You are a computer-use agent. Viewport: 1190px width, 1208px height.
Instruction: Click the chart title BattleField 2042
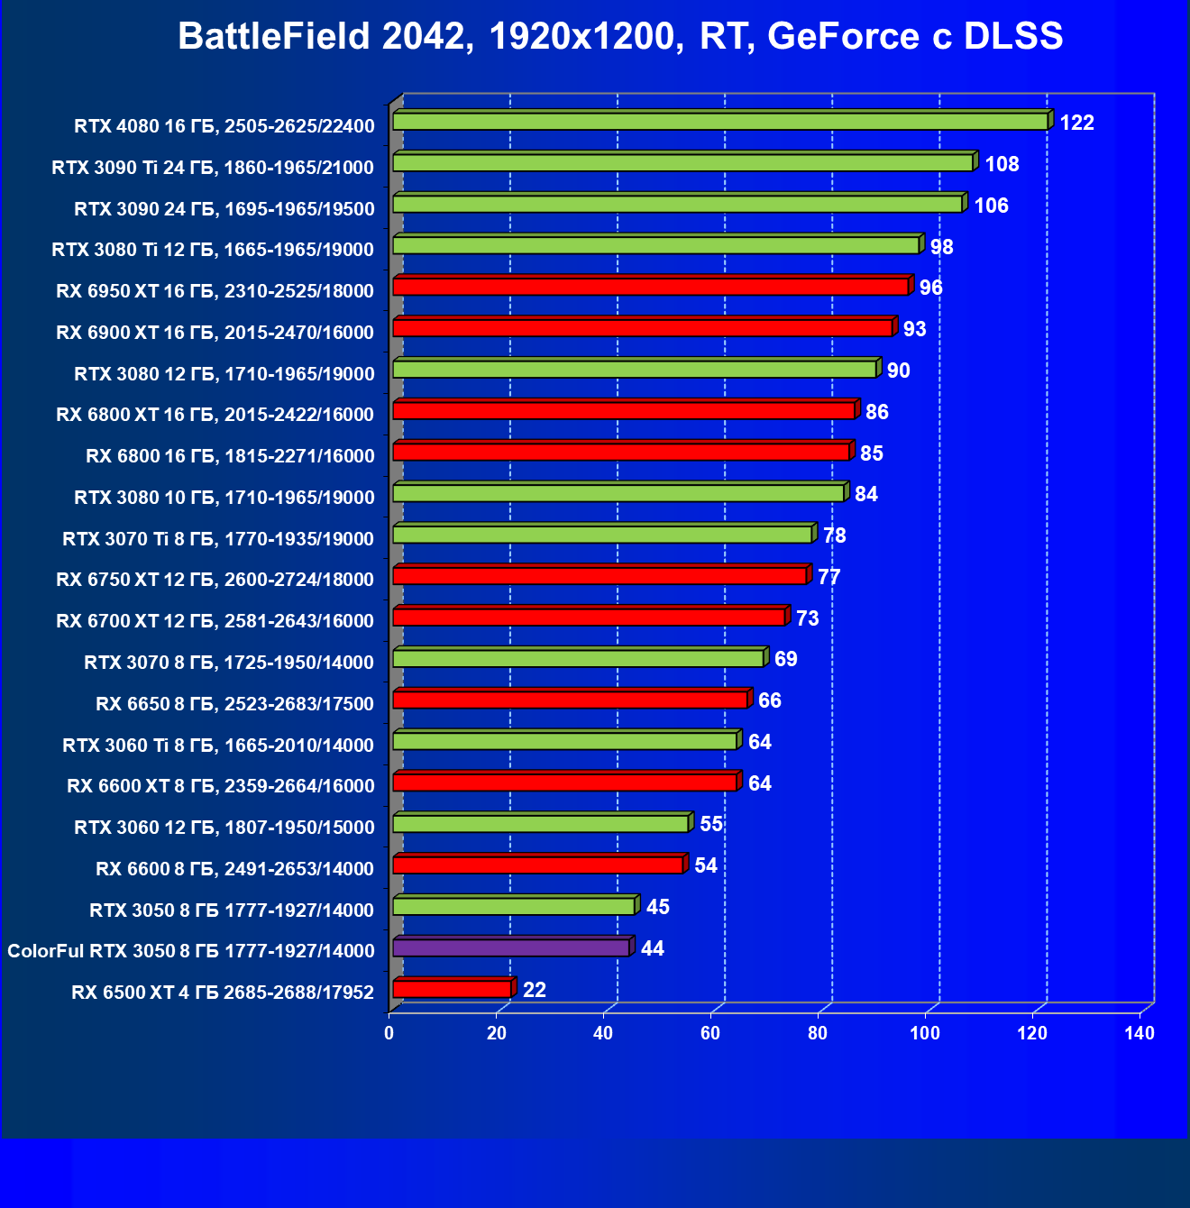click(620, 37)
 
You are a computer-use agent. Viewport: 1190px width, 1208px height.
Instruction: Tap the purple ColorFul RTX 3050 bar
click(511, 947)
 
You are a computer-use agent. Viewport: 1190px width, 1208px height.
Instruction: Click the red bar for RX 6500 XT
click(452, 989)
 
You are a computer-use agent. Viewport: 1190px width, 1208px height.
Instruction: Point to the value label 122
click(1076, 123)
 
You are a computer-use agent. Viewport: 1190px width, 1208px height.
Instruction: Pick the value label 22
click(535, 990)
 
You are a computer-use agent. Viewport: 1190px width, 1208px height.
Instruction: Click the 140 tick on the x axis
click(1140, 1033)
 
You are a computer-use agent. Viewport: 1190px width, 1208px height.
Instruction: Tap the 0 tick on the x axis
click(389, 1033)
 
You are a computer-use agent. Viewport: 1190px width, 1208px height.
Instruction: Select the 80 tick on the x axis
click(818, 1033)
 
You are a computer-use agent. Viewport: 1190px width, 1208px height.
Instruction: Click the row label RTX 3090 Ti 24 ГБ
click(213, 167)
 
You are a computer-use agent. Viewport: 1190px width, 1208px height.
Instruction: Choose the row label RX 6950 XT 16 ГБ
click(215, 290)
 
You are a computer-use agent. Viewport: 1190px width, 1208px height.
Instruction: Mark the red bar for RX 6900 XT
click(643, 328)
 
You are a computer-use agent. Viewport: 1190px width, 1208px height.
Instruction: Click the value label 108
click(1002, 164)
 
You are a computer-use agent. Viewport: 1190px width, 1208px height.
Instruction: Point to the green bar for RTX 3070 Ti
click(602, 535)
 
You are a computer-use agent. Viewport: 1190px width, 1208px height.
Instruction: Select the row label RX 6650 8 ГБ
click(234, 703)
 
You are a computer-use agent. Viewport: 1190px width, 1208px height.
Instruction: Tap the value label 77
click(828, 577)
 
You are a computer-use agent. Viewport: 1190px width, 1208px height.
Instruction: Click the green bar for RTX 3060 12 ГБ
click(541, 824)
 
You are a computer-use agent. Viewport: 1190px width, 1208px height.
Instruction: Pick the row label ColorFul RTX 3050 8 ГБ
click(191, 951)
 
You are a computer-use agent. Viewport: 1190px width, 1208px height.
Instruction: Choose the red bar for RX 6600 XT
click(565, 782)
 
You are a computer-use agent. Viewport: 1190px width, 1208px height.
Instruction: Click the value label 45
click(658, 907)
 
